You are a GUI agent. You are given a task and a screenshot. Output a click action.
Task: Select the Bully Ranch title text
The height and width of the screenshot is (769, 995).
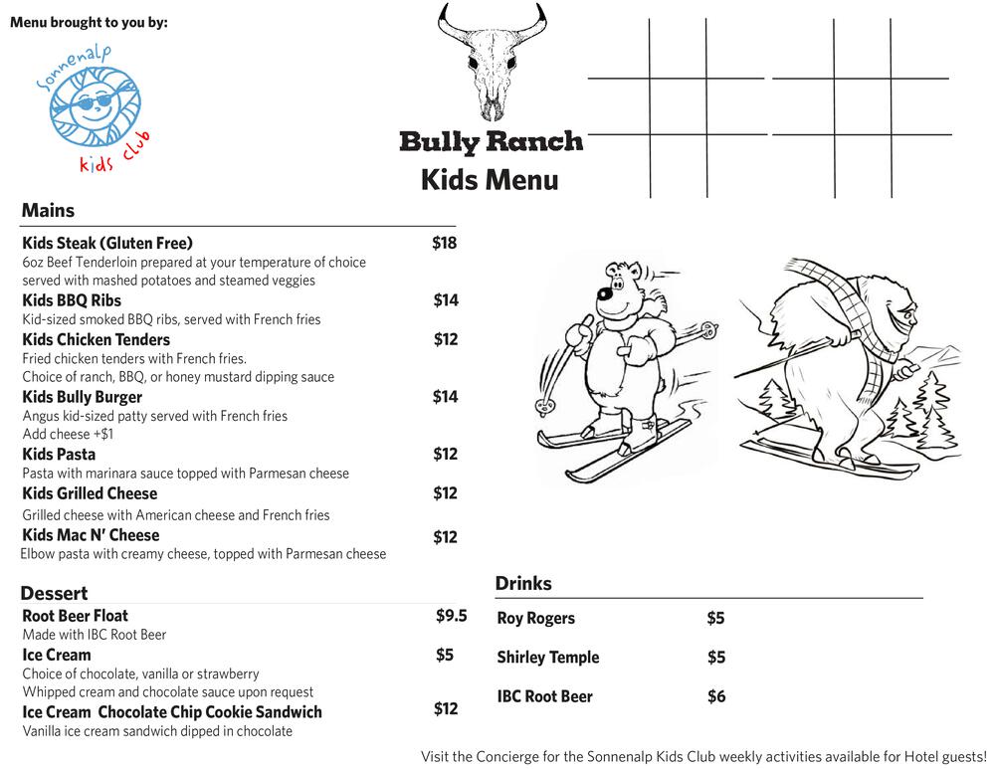491,141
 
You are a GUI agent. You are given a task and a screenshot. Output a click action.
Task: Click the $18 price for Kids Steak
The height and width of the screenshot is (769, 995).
444,243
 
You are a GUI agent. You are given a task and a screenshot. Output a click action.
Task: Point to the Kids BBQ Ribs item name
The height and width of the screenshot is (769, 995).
72,300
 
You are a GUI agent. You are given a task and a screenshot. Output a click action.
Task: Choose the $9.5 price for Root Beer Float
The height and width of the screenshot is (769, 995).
451,616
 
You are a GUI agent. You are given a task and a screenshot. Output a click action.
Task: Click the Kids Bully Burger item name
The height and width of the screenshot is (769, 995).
82,397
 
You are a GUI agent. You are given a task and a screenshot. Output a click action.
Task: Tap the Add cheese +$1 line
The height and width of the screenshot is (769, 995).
68,434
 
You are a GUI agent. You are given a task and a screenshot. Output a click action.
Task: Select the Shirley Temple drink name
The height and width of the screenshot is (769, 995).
547,658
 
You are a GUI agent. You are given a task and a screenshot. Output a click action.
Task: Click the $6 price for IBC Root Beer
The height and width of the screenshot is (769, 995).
716,696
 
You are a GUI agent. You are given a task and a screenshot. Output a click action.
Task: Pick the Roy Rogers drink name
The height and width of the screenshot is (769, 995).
535,618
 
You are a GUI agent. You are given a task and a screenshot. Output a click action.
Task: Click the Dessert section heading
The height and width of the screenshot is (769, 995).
54,594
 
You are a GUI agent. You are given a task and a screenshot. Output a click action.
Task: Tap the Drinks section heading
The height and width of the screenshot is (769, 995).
523,584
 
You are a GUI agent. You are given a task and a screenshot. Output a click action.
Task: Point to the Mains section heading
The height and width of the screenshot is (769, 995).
48,211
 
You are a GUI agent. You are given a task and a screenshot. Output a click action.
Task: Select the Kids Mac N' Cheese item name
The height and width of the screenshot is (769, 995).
91,535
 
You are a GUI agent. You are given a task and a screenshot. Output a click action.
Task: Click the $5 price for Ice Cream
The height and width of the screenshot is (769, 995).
444,655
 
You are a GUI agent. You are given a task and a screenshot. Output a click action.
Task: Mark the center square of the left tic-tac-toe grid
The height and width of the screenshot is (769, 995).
678,105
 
